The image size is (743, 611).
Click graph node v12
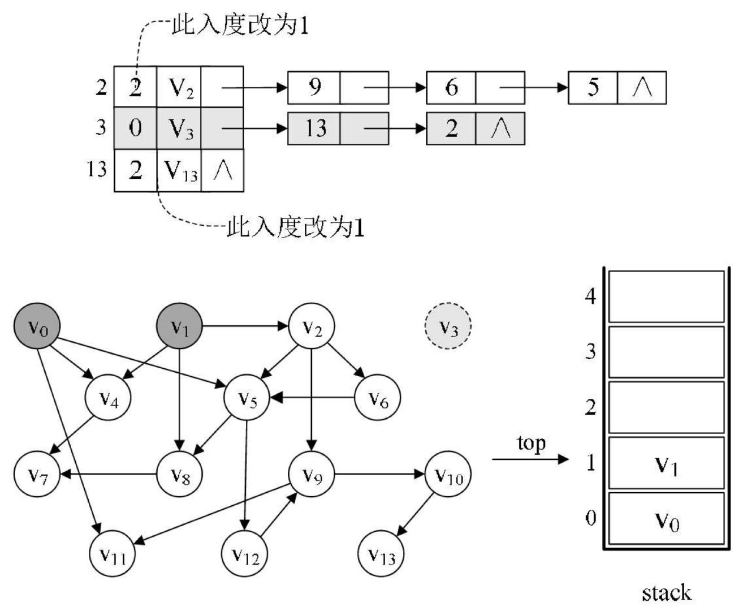[x=245, y=556]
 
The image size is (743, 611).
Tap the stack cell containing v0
[x=666, y=519]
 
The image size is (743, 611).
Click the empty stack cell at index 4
[x=666, y=296]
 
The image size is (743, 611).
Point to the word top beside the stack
[x=532, y=443]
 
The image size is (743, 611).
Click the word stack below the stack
[x=666, y=592]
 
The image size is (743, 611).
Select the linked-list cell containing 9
[x=314, y=88]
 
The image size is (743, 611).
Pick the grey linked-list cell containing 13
[x=314, y=129]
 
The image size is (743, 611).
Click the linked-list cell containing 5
[x=593, y=88]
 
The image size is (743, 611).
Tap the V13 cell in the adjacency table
[x=180, y=170]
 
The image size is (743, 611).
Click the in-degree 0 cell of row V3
[x=136, y=128]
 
